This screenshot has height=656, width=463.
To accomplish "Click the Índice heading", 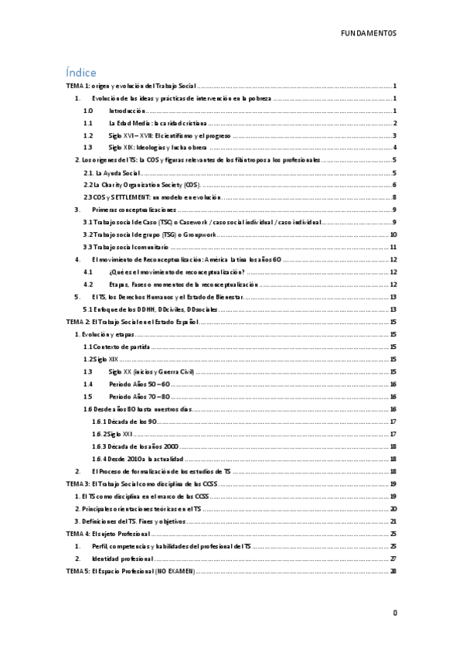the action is pos(81,71).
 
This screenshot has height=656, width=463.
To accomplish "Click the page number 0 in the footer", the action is pos(394,612).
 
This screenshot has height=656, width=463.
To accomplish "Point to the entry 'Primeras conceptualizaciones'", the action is pos(134,209).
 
